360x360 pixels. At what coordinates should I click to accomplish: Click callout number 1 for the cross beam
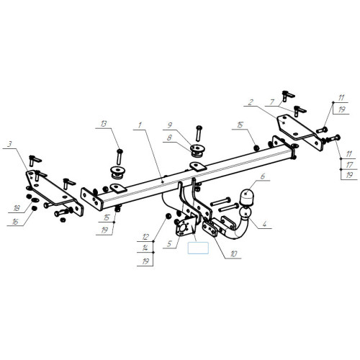[x=140, y=125]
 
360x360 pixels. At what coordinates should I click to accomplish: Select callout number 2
[x=251, y=102]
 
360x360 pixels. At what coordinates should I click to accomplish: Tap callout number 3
[x=9, y=144]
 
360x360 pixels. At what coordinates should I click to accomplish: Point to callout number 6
[x=263, y=176]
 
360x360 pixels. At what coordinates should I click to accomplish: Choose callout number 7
[x=272, y=102]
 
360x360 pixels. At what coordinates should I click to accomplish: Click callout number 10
[x=233, y=254]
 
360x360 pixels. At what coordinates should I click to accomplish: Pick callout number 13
[x=104, y=124]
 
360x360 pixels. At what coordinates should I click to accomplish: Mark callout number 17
[x=349, y=165]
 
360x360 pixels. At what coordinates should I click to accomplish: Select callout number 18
[x=17, y=208]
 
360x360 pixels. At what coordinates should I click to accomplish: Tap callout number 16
[x=15, y=222]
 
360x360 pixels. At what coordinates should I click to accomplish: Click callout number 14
[x=145, y=248]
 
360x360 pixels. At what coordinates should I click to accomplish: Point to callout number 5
[x=169, y=244]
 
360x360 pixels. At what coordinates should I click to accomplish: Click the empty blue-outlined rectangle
[x=198, y=248]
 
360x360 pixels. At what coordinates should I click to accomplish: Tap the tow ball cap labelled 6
[x=247, y=197]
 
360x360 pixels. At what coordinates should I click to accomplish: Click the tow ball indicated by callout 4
[x=245, y=213]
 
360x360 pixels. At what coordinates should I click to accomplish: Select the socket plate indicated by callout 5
[x=185, y=226]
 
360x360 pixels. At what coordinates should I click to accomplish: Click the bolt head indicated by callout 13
[x=120, y=151]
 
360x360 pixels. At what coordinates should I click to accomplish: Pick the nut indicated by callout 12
[x=168, y=216]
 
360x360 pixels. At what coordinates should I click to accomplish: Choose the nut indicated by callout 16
[x=35, y=208]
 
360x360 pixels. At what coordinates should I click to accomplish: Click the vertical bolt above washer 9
[x=199, y=133]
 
